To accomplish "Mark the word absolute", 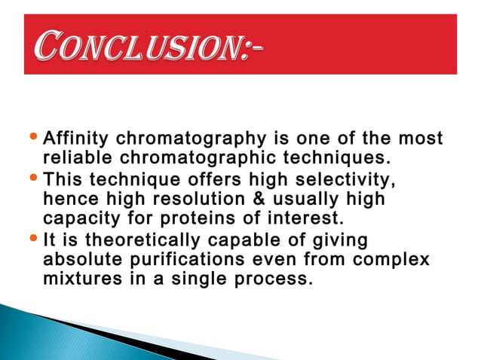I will [78, 258].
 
